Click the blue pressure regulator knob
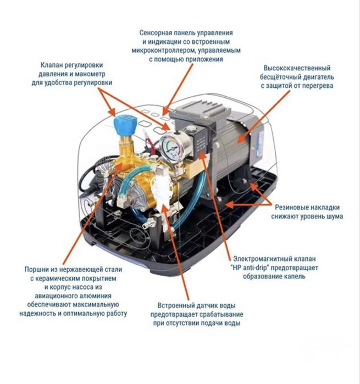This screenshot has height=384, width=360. click(124, 125)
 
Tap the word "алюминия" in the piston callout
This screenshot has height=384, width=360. click(98, 296)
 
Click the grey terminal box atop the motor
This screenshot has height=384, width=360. click(200, 113)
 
